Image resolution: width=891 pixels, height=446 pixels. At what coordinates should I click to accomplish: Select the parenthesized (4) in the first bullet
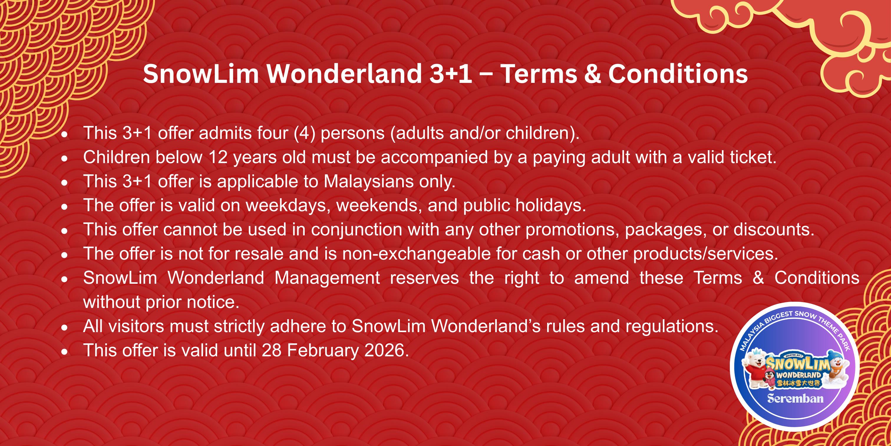click(304, 133)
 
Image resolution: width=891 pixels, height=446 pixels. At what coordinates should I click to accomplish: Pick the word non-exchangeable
click(416, 254)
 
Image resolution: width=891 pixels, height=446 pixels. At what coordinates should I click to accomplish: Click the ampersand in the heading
click(593, 74)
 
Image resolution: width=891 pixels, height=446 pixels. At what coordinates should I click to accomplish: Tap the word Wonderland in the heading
click(344, 74)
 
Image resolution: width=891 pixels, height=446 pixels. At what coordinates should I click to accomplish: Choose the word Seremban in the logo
click(795, 399)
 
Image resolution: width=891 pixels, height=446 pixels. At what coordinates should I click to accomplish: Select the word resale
click(259, 254)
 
